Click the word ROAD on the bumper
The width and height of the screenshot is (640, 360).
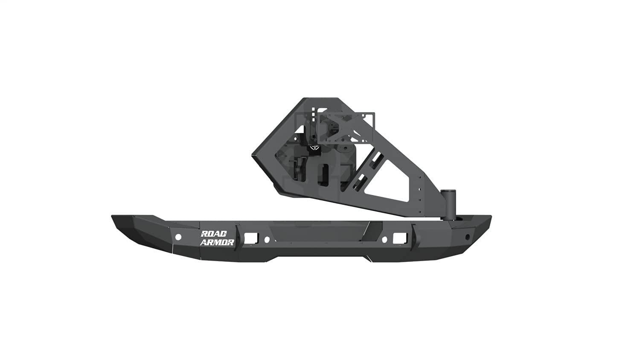tap(214, 234)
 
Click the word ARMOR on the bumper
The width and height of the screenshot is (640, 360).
tap(217, 242)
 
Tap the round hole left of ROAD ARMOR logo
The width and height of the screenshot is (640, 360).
tap(178, 237)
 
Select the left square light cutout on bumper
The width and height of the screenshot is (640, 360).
tap(249, 237)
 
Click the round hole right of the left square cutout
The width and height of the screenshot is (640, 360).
tap(267, 239)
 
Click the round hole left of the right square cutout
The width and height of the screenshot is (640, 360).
tap(384, 239)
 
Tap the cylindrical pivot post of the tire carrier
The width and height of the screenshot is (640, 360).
tap(449, 204)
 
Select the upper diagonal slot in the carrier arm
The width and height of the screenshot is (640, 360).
tap(376, 159)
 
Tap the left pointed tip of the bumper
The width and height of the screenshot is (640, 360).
tap(113, 217)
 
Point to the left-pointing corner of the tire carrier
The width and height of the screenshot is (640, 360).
tap(253, 156)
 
